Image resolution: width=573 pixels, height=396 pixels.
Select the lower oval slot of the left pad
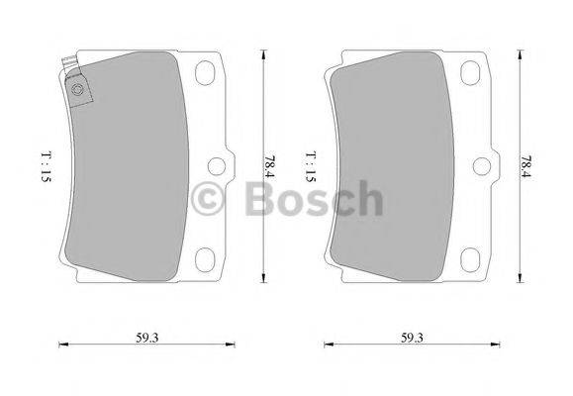[x=209, y=258]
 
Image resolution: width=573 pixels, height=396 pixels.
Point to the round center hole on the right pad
[x=481, y=165]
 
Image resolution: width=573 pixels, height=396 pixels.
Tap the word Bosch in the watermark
[x=313, y=198]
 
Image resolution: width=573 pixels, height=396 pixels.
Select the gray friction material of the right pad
[x=391, y=168]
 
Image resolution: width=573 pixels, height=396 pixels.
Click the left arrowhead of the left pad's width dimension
[x=63, y=345]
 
